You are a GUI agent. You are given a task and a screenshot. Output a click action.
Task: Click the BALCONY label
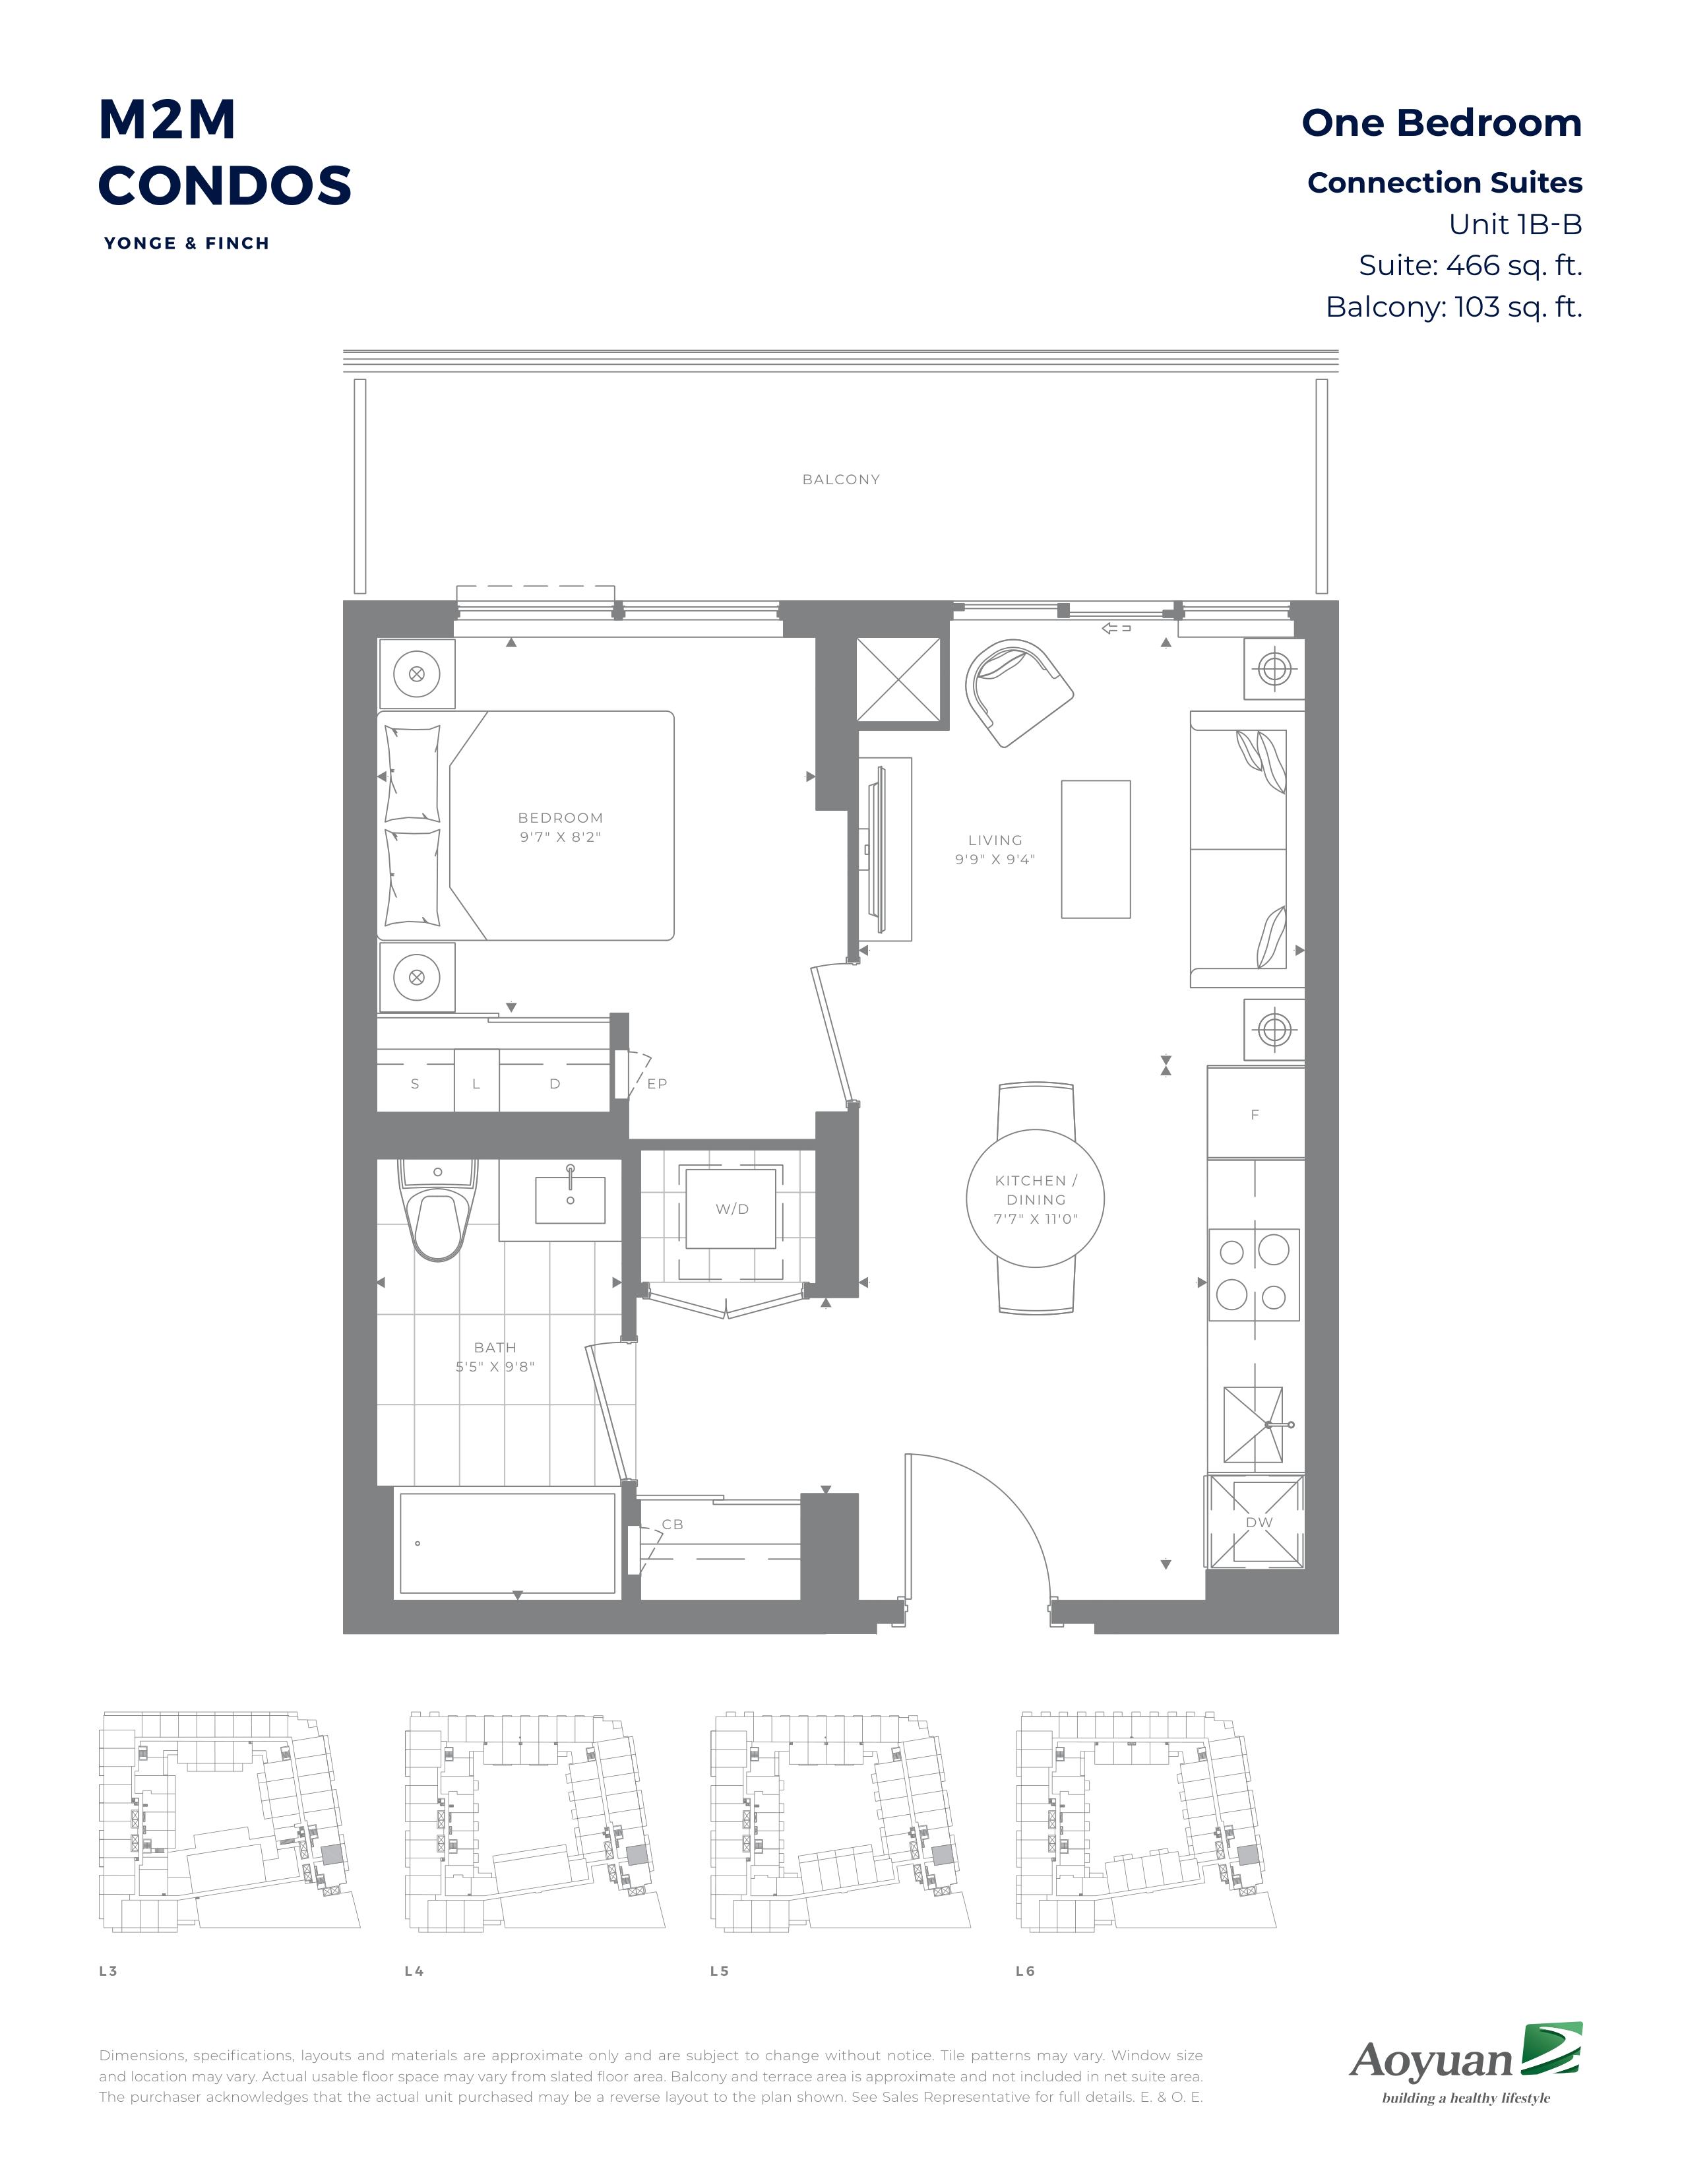click(x=841, y=480)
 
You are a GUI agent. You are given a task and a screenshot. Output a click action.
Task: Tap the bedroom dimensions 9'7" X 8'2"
click(x=560, y=837)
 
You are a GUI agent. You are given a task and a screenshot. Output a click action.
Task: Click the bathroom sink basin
click(x=570, y=1199)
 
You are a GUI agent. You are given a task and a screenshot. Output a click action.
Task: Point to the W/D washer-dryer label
click(x=732, y=1209)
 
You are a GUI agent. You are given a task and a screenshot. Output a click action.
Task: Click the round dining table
click(x=1036, y=1198)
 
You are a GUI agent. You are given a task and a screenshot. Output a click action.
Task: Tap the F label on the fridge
click(x=1255, y=1114)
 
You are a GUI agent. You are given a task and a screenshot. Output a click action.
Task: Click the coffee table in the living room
click(x=1096, y=849)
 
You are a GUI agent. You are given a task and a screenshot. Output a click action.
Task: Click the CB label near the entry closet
click(x=673, y=1524)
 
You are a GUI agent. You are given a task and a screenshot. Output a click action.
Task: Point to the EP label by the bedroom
click(x=657, y=1083)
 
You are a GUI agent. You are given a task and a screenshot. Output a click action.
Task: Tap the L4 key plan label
click(x=414, y=1971)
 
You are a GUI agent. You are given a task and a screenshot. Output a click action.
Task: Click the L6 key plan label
click(x=1025, y=1971)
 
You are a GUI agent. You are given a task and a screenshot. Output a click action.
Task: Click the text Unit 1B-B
click(x=1514, y=224)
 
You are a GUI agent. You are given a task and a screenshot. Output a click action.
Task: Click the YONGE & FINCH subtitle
click(x=186, y=243)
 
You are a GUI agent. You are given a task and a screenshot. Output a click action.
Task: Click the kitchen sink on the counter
click(x=1253, y=1426)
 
